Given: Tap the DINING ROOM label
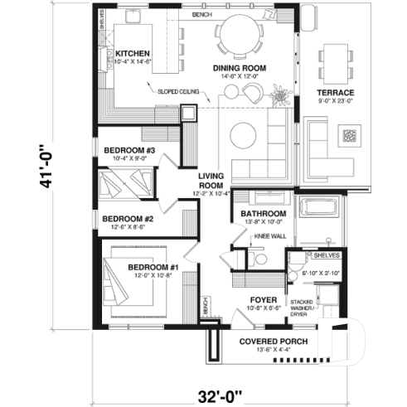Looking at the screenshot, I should (240, 69).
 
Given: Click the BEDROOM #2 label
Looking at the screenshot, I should (124, 220).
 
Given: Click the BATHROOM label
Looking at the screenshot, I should (263, 213).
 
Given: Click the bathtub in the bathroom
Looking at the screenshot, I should (321, 214).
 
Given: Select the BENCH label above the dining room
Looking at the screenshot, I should (201, 14).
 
